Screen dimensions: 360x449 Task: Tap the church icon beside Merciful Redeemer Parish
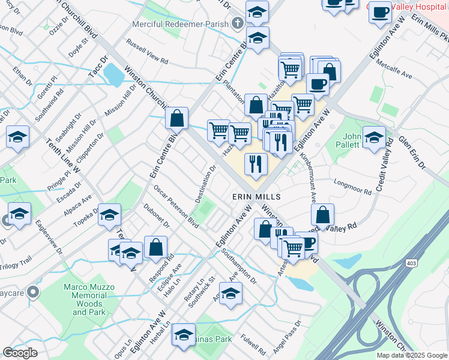pyautogui.click(x=237, y=25)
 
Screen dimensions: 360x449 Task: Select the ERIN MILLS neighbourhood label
pyautogui.click(x=257, y=197)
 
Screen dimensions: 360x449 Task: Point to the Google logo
pyautogui.click(x=20, y=352)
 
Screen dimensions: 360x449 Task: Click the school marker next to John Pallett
pyautogui.click(x=374, y=138)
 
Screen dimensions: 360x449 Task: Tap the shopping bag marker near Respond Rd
pyautogui.click(x=156, y=247)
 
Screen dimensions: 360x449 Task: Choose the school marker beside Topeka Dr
pyautogui.click(x=110, y=214)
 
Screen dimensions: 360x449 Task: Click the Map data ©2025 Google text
pyautogui.click(x=412, y=355)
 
